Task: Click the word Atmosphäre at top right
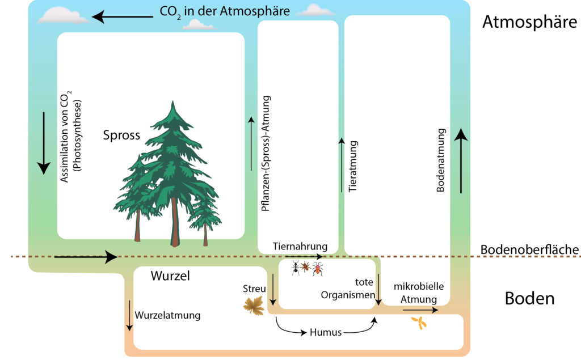click(529, 22)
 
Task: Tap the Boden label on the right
click(529, 298)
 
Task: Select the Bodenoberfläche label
click(529, 249)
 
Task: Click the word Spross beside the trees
click(121, 135)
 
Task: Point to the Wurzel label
click(170, 276)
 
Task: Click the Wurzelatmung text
click(167, 316)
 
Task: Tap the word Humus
click(326, 332)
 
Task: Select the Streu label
click(254, 289)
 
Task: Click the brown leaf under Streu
click(254, 305)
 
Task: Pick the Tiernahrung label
click(300, 246)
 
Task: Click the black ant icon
click(295, 268)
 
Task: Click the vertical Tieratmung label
click(353, 166)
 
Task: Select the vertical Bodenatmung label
click(440, 160)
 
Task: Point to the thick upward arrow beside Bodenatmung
click(461, 161)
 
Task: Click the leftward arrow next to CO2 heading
click(123, 16)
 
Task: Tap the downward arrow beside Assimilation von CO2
click(44, 143)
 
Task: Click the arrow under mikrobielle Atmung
click(420, 310)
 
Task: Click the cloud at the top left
click(64, 15)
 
